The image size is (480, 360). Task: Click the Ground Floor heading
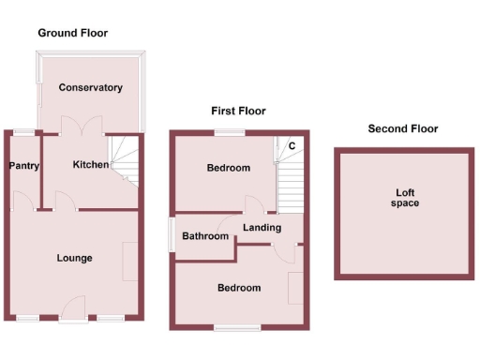click(72, 33)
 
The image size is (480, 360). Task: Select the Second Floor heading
click(402, 128)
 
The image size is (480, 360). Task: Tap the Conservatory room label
click(90, 87)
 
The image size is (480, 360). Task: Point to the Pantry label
click(22, 166)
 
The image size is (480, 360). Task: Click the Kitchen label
click(92, 165)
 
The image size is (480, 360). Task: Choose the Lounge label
click(74, 258)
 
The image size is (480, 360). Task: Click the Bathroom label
click(205, 236)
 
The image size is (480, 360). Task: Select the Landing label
click(262, 227)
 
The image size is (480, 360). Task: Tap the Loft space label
click(405, 197)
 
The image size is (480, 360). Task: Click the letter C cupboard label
click(292, 145)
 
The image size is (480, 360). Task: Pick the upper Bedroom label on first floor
click(229, 168)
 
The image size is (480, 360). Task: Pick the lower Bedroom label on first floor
click(239, 288)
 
